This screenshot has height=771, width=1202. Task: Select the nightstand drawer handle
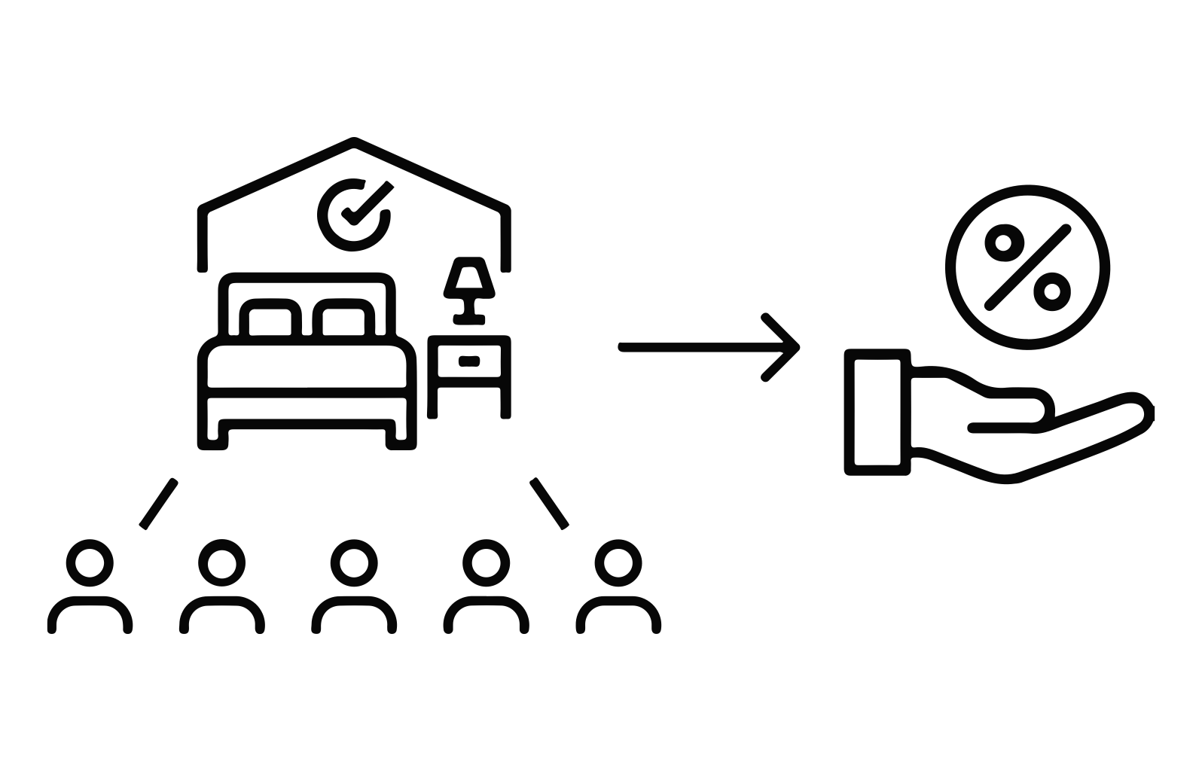[x=468, y=361]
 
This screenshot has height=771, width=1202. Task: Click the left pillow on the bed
[x=270, y=321]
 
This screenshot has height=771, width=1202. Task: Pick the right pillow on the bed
[x=343, y=321]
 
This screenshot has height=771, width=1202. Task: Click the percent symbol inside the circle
[x=1028, y=267]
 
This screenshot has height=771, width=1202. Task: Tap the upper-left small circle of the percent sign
[x=1004, y=242]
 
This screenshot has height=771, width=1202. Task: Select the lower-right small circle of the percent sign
[x=1052, y=291]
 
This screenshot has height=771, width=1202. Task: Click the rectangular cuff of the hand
[x=877, y=412]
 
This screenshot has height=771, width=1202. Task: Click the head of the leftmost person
[x=90, y=562]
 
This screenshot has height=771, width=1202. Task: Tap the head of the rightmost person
[x=618, y=562]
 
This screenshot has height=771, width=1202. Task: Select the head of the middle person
[x=354, y=562]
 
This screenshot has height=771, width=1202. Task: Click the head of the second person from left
[x=222, y=562]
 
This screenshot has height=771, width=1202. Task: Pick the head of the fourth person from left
[x=486, y=562]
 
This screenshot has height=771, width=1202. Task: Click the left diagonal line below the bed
[x=159, y=503]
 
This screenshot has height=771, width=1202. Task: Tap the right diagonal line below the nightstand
[x=549, y=503]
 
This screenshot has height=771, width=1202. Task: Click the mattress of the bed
[x=307, y=367]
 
